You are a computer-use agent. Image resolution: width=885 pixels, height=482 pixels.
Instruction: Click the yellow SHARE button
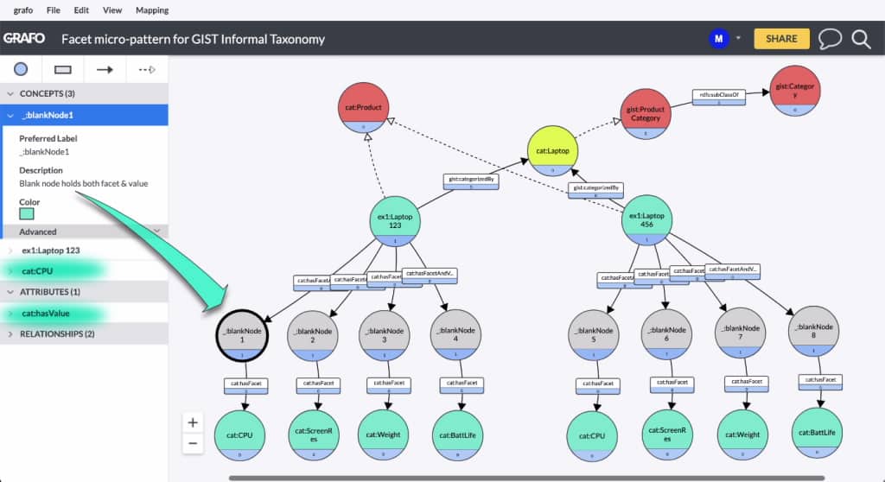point(781,39)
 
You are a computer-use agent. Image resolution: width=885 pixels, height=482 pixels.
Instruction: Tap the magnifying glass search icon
point(861,39)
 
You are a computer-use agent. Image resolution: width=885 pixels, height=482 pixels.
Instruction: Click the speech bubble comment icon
point(830,39)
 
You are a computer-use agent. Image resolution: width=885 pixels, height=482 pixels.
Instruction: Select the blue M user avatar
point(718,39)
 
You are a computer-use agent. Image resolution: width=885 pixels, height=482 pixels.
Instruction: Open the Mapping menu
point(152,10)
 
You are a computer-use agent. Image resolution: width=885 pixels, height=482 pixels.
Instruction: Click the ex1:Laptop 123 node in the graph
point(394,216)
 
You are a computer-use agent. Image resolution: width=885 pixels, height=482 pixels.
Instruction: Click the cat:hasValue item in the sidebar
point(47,314)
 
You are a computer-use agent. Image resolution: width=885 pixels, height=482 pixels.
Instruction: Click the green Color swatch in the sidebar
point(27,212)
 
